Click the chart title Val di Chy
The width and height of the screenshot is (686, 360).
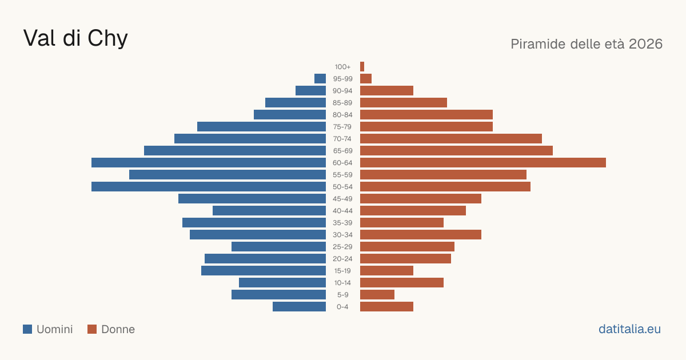coord(75,39)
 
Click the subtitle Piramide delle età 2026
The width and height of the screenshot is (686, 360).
coord(587,44)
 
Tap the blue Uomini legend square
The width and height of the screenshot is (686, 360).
coord(27,329)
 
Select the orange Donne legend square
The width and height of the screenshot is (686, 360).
coord(92,329)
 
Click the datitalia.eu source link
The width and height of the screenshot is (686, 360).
coord(629,329)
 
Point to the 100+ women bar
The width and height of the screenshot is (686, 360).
coord(362,67)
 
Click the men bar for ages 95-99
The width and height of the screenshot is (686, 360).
coord(320,79)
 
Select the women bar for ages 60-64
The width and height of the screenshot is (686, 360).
coord(483,162)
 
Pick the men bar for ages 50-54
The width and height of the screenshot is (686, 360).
coord(209,187)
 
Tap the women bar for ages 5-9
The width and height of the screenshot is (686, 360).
coord(377,295)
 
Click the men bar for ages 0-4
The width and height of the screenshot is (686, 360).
coord(299,307)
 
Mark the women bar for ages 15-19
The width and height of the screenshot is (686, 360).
coord(387,271)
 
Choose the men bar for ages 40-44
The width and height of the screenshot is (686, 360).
coord(269,211)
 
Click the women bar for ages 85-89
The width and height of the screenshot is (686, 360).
coord(404,102)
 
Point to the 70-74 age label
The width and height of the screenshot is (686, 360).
coord(342,139)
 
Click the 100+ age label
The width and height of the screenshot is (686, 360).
coord(342,67)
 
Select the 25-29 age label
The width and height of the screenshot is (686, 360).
coord(342,247)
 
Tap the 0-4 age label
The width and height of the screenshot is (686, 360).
coord(342,307)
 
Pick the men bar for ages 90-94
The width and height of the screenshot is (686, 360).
coord(311,91)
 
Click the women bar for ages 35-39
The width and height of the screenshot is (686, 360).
coord(402,222)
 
